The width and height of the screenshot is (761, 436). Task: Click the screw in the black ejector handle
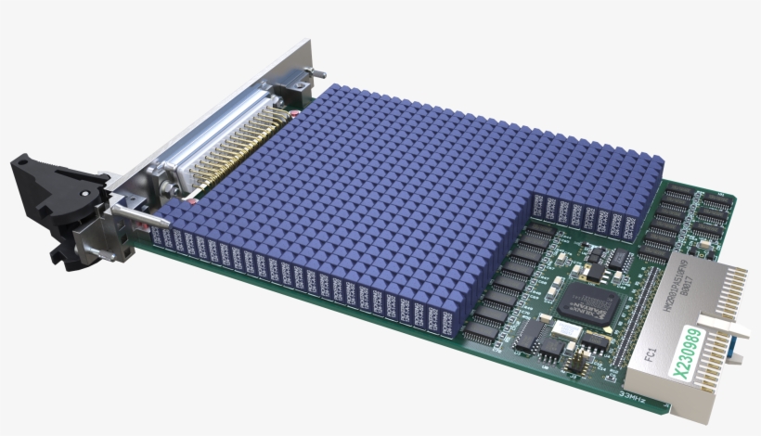(85, 190)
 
